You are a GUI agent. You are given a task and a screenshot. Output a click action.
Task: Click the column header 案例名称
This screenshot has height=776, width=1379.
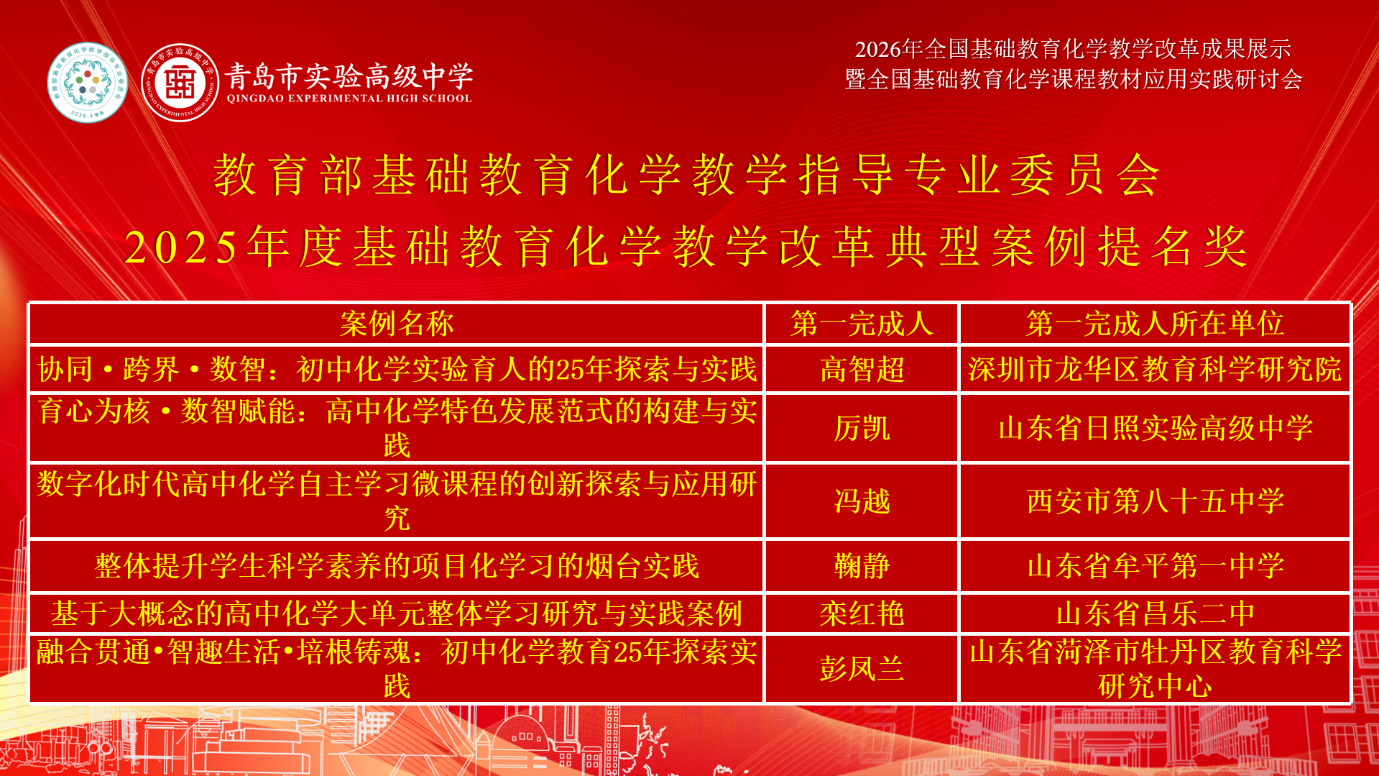point(397,324)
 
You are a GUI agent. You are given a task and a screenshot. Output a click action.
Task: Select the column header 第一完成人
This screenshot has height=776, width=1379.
point(862,324)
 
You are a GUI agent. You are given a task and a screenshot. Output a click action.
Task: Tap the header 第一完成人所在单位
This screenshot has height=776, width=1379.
point(1155,324)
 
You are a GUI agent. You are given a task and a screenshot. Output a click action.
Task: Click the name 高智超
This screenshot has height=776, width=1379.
point(862,370)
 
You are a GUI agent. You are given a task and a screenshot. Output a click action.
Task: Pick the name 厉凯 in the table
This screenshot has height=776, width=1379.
point(862,429)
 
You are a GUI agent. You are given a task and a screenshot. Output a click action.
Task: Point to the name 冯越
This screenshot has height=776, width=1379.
point(862,501)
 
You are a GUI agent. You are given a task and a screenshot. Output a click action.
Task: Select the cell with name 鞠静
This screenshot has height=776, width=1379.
point(862,566)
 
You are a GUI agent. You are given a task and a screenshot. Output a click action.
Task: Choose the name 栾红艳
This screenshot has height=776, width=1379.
point(862,613)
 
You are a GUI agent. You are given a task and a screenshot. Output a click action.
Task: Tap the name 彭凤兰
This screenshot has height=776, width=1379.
point(862,669)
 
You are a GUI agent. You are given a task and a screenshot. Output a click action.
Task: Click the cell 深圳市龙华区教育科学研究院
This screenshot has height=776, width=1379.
point(1155,370)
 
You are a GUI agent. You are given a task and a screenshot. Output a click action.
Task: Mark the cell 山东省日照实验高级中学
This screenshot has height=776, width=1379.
point(1155,429)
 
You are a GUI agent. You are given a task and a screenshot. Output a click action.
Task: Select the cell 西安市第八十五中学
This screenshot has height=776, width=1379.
point(1155,501)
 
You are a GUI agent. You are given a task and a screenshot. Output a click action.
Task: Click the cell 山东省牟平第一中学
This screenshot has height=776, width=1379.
point(1155,566)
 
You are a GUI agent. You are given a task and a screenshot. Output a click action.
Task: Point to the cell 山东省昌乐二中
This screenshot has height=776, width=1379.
point(1155,613)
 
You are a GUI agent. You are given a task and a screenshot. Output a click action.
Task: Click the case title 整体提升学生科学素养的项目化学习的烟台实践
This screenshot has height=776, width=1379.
point(397,566)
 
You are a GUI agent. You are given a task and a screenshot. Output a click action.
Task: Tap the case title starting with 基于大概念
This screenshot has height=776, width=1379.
point(397,613)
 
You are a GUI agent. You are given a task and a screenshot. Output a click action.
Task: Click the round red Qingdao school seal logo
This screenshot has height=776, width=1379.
point(180,83)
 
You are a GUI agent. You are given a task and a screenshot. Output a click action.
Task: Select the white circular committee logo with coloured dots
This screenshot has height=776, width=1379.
point(87,83)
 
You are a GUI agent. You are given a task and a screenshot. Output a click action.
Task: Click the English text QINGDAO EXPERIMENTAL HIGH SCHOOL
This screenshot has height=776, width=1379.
point(349,99)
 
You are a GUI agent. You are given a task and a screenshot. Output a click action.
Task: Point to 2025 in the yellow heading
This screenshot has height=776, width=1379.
point(180,247)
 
